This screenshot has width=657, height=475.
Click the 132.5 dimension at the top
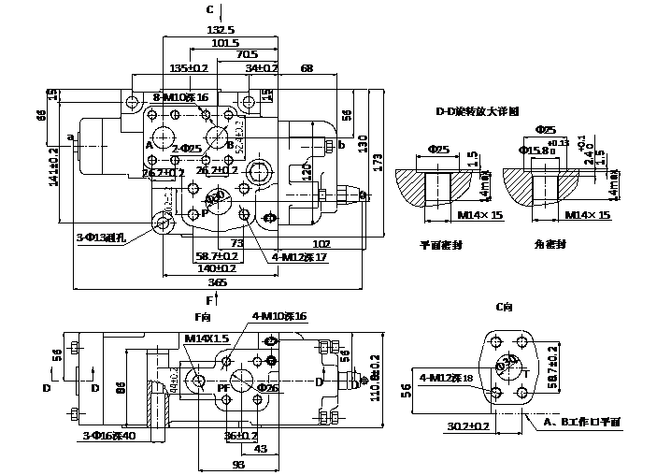tap(221, 31)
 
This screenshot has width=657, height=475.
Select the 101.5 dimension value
tap(225, 43)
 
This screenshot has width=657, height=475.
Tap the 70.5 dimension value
tap(246, 55)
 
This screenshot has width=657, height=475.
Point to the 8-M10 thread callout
tap(179, 97)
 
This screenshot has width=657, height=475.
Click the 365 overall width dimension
tap(216, 281)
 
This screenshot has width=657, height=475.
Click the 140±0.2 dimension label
tap(215, 267)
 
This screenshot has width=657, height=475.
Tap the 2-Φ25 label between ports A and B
tap(187, 149)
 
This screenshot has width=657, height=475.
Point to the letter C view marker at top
tap(210, 8)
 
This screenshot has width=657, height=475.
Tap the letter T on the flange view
tap(526, 372)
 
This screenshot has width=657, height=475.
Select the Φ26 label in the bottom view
tap(268, 387)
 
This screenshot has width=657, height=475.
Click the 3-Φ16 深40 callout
tap(108, 436)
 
